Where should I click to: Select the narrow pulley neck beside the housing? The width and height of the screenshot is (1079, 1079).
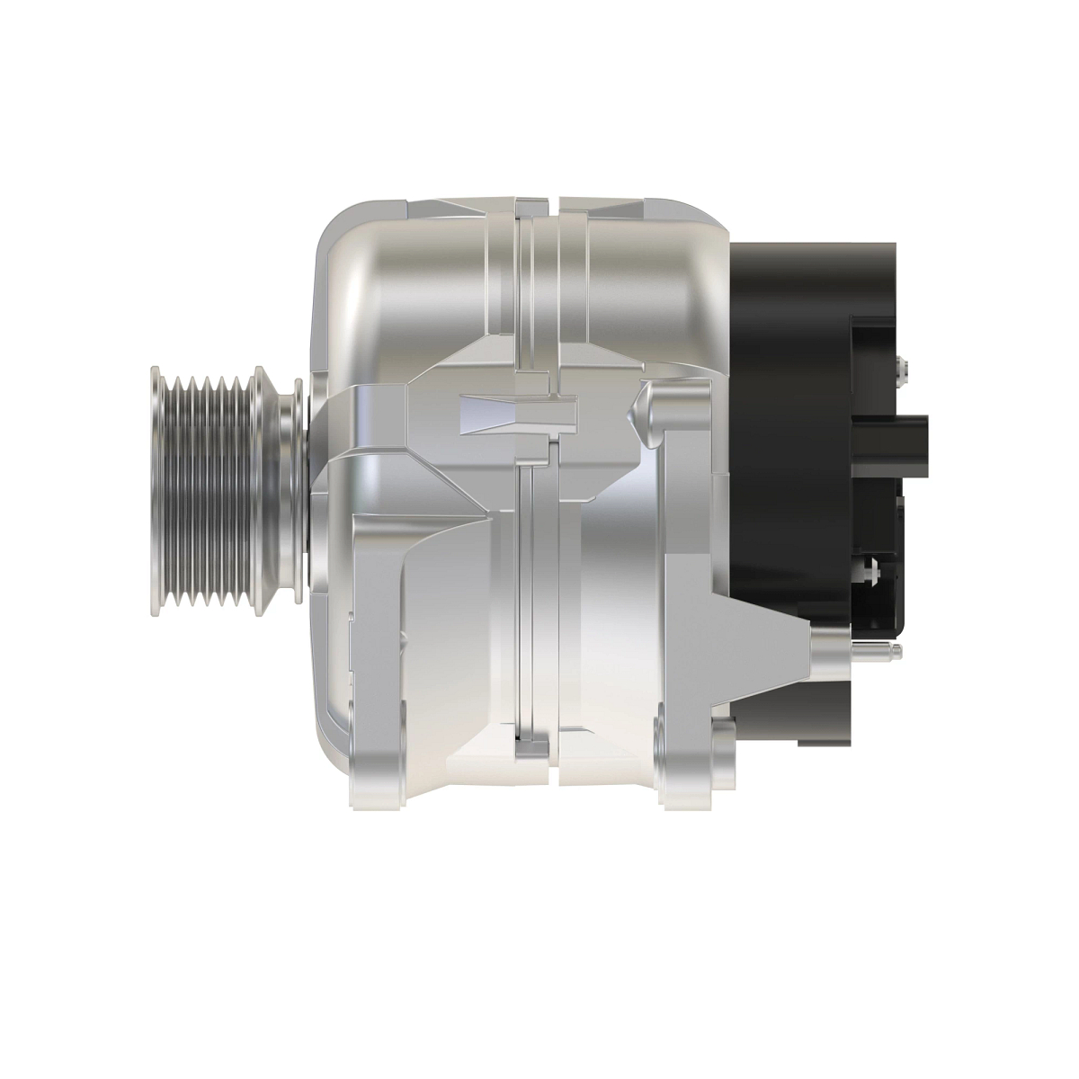293,492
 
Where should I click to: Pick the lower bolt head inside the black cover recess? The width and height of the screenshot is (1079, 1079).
867,568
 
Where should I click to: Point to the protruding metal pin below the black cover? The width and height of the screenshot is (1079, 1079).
877,648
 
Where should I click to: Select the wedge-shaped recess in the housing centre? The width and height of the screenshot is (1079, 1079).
517,412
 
